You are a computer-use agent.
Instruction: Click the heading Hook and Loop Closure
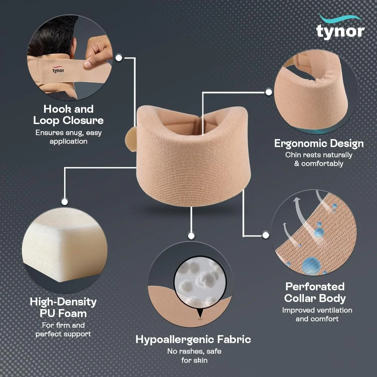pyautogui.click(x=68, y=115)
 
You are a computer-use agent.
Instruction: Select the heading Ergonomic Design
pyautogui.click(x=319, y=144)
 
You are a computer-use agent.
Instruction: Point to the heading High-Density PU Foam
pyautogui.click(x=63, y=307)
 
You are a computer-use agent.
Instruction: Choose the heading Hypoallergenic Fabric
pyautogui.click(x=193, y=339)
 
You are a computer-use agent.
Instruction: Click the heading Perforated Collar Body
pyautogui.click(x=315, y=292)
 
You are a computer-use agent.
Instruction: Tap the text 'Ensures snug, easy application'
pyautogui.click(x=68, y=137)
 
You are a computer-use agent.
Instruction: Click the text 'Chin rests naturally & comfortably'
pyautogui.click(x=319, y=159)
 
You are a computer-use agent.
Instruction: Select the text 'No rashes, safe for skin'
pyautogui.click(x=195, y=356)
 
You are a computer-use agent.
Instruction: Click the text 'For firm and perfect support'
pyautogui.click(x=63, y=329)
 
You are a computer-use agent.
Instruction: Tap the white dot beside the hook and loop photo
pyautogui.click(x=119, y=58)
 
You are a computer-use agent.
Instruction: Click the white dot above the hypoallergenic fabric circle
pyautogui.click(x=191, y=236)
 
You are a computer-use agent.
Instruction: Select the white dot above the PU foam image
pyautogui.click(x=64, y=202)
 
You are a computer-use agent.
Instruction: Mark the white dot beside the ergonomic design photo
pyautogui.click(x=268, y=92)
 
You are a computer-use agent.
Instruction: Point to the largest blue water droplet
pyautogui.click(x=312, y=265)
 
